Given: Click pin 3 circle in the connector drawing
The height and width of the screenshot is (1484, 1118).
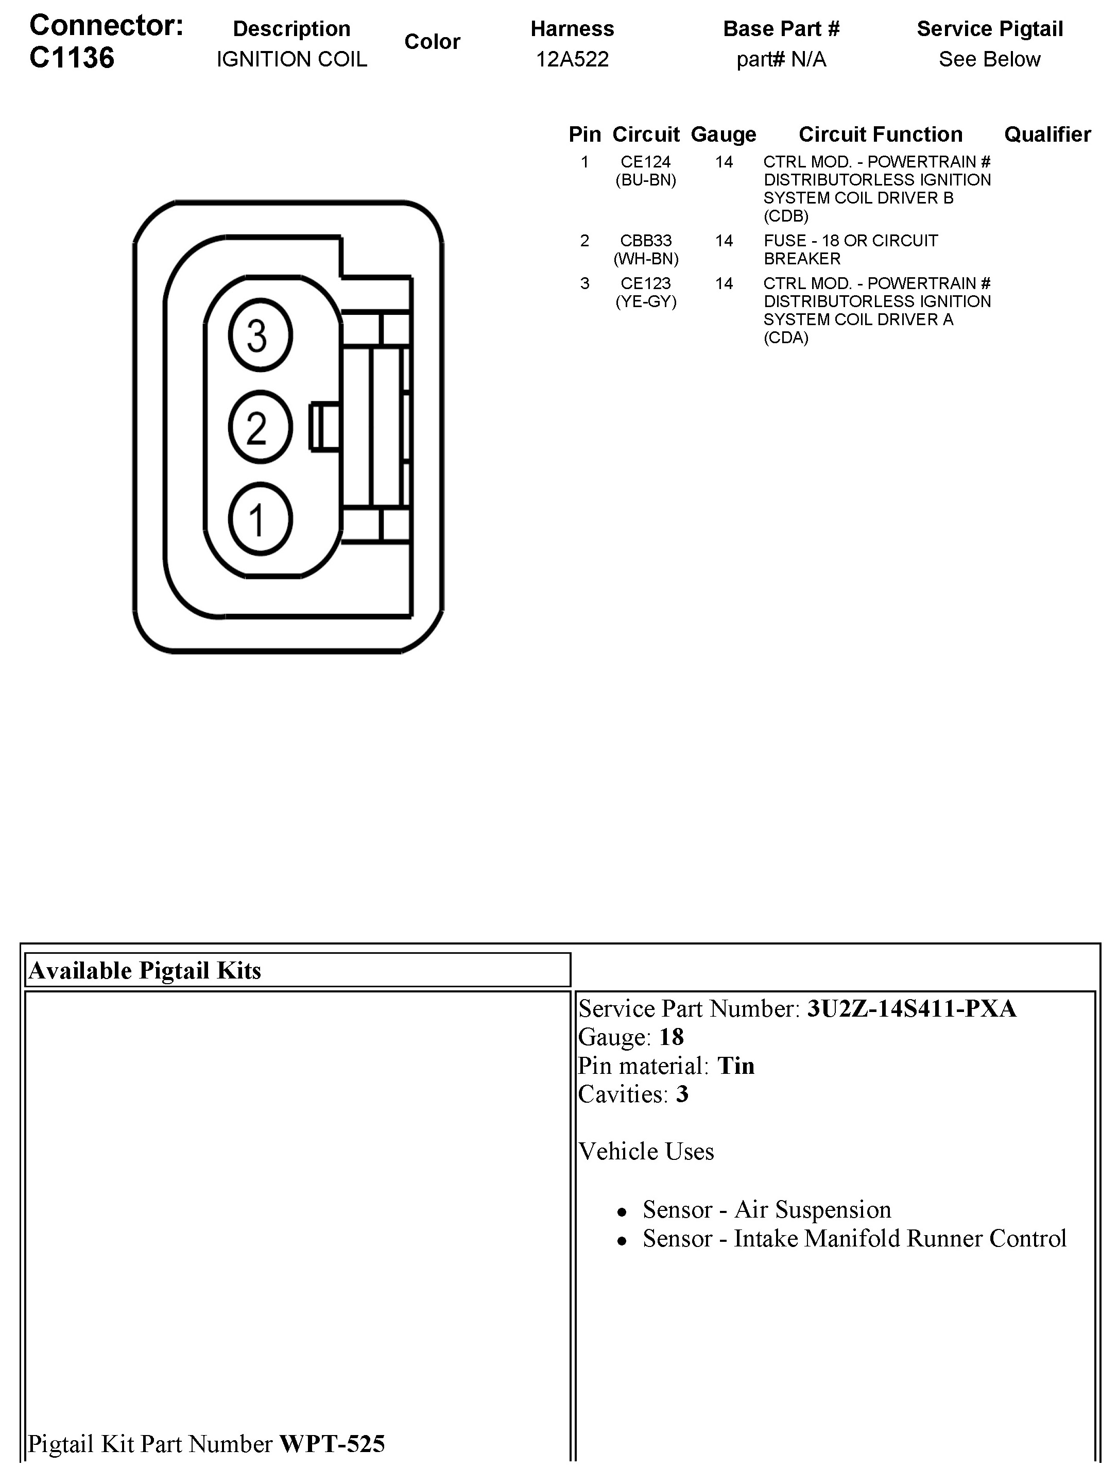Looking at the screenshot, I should coord(260,335).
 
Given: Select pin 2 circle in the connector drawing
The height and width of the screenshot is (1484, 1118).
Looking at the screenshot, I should coord(260,427).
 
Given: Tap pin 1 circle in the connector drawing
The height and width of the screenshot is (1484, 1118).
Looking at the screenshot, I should coord(260,518).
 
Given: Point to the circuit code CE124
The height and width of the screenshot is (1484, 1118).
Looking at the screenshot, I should coord(645,162).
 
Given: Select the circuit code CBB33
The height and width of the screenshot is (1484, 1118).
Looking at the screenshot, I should coord(645,240).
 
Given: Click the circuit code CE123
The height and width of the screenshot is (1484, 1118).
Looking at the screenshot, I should coord(645,283).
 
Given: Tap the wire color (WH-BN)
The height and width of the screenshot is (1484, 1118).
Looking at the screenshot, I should coord(646,258).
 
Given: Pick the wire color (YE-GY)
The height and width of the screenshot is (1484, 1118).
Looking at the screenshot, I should coord(646,301).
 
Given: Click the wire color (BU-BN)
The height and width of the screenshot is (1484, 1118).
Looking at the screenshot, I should coord(646,180).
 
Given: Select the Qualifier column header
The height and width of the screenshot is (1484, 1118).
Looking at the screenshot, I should coord(1047,134).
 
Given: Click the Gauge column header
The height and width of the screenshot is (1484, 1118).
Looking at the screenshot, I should coord(723,134).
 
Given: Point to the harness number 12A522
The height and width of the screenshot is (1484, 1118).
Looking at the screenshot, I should coord(572,59).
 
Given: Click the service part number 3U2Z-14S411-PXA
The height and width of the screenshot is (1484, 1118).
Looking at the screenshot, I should coord(911,1008).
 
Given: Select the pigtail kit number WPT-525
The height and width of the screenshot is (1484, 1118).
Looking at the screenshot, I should coord(332,1444).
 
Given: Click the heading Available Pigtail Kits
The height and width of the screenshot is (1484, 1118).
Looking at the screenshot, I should coord(145,970).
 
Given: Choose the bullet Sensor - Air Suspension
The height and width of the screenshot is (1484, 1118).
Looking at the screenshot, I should coord(767,1209).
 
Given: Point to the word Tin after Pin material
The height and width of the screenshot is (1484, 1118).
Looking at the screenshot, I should coord(736,1066).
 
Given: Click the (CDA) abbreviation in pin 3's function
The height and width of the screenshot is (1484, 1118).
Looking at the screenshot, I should coord(786,338).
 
